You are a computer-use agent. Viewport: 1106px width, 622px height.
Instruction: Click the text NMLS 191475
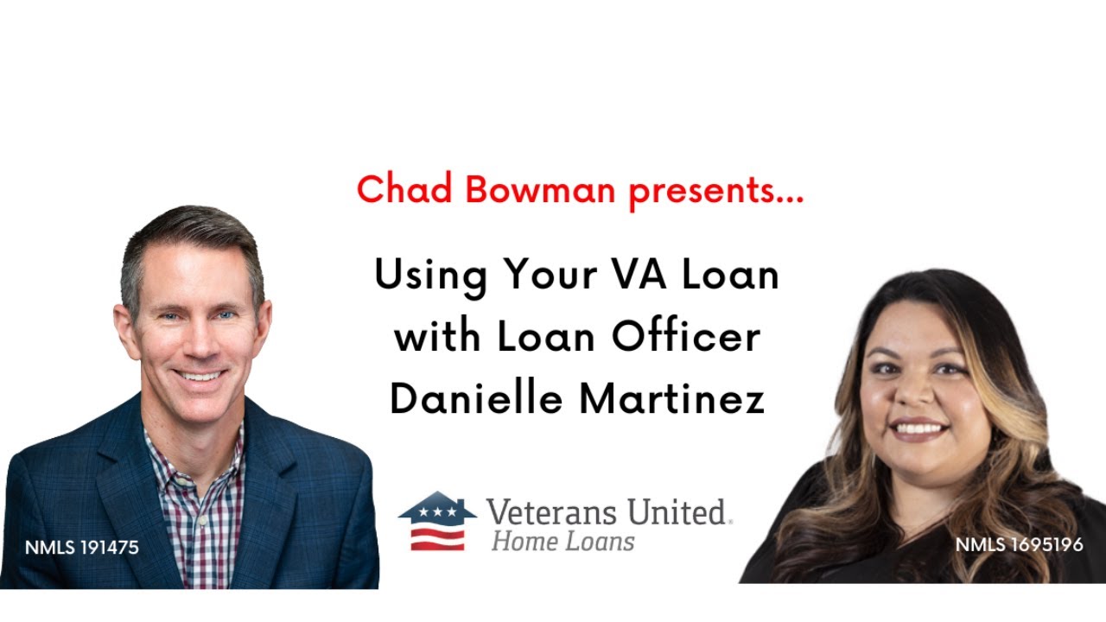click(82, 548)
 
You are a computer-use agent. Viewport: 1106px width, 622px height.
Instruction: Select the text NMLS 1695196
click(1019, 544)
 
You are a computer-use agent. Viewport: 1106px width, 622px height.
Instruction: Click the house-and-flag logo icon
click(436, 521)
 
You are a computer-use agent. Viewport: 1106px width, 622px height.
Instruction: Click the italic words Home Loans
click(563, 542)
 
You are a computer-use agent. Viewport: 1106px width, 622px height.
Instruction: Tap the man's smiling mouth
click(198, 377)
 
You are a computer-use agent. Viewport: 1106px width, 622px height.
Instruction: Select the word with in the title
click(436, 337)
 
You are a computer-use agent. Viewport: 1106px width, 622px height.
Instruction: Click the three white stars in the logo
click(436, 512)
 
